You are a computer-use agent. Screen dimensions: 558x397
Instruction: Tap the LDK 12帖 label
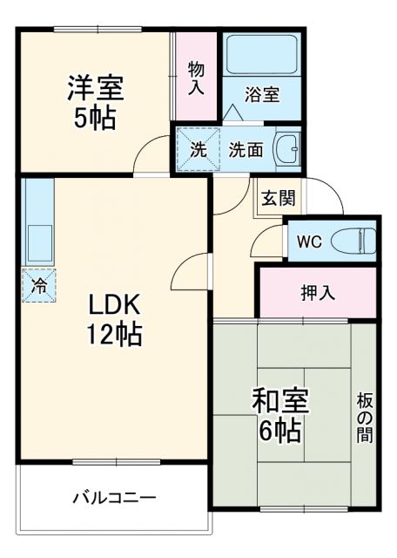coord(113,318)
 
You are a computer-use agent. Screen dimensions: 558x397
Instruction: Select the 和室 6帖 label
coord(279,415)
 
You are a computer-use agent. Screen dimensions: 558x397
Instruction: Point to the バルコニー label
coord(113,498)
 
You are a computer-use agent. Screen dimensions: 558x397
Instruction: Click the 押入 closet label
coord(318,292)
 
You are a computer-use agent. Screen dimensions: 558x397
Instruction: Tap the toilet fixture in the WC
coord(357,239)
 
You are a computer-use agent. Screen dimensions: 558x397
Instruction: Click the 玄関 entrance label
coord(277,197)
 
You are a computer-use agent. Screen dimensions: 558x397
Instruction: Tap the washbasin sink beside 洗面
coord(287,149)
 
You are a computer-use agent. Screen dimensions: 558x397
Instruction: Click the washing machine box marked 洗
coord(198,148)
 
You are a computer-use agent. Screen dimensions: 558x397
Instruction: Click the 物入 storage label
coord(197,77)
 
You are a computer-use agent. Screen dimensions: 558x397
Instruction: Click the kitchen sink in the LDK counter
coord(38,240)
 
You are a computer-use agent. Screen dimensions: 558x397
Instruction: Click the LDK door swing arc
coord(190,272)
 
